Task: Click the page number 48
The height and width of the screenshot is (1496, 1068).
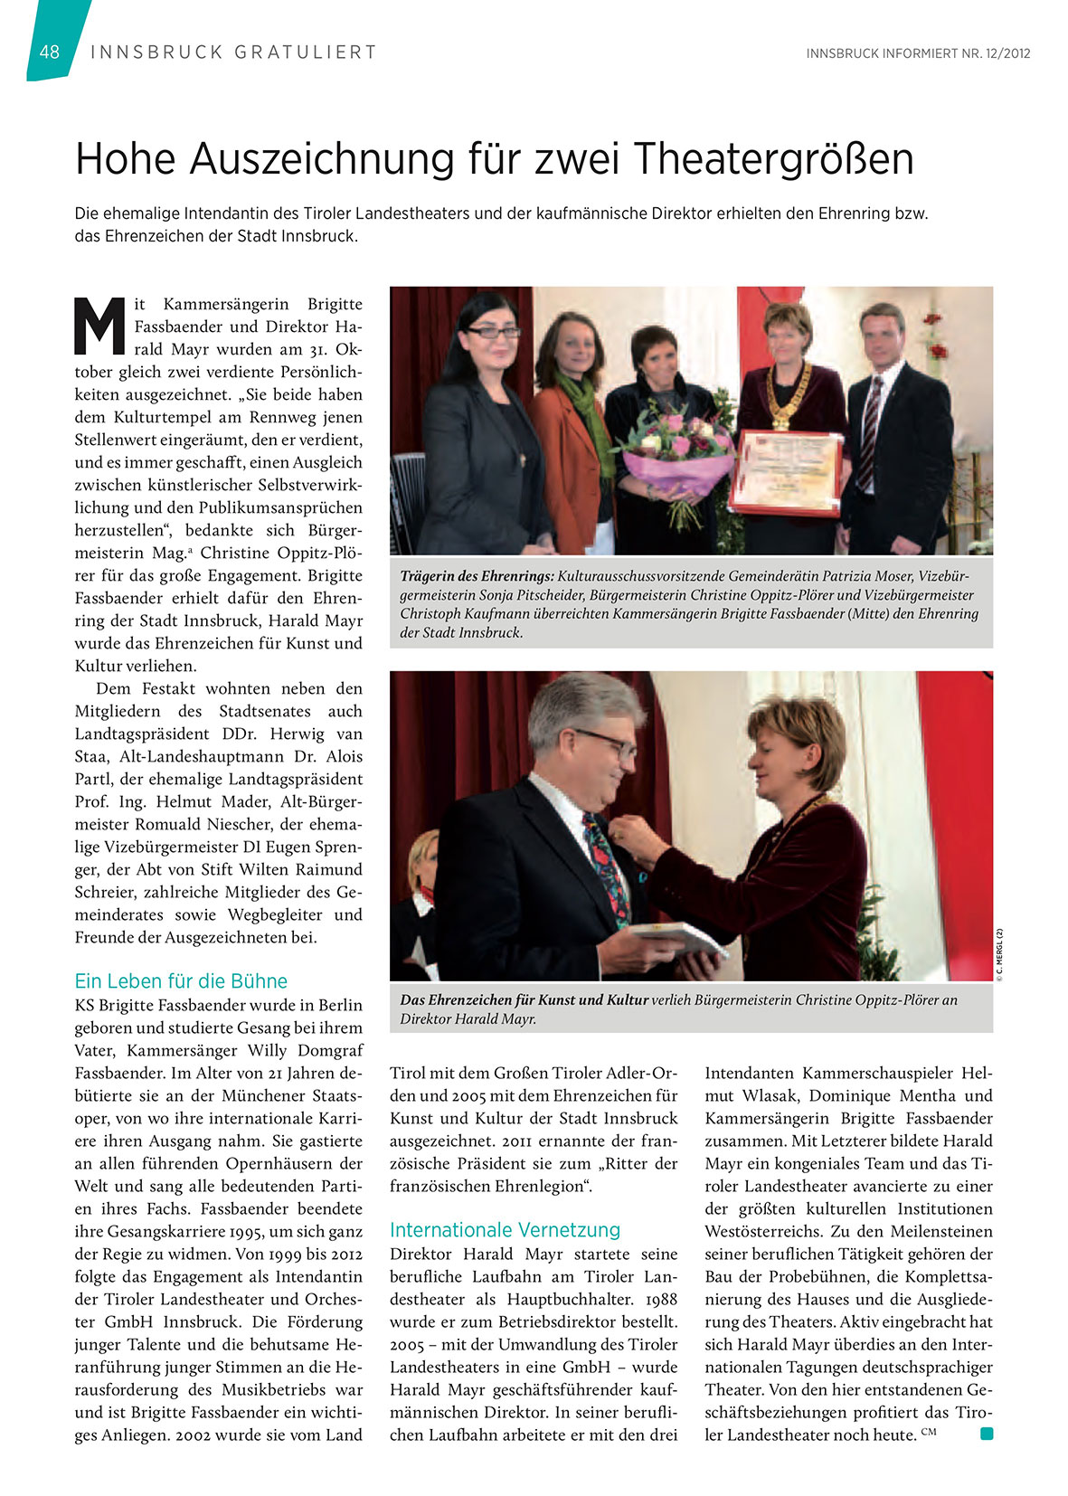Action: coord(50,52)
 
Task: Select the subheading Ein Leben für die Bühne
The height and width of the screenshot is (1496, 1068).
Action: coord(181,981)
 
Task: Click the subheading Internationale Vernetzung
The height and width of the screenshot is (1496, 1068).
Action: coord(505,1230)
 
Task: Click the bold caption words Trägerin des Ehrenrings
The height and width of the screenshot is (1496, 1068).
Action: coord(477,576)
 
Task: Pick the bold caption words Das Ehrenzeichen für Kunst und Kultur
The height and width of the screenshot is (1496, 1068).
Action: coord(524,999)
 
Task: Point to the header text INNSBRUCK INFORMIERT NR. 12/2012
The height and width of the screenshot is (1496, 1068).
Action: coord(918,53)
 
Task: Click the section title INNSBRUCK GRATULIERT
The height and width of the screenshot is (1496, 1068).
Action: coord(233,52)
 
